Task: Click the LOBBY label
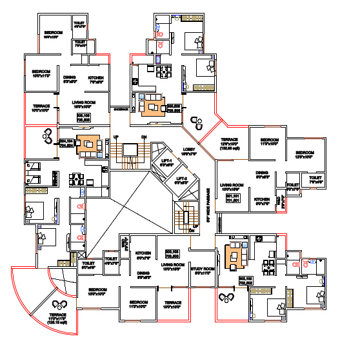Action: click(x=189, y=150)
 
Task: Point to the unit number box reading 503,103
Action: click(x=172, y=253)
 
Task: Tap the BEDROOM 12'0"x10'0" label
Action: click(x=304, y=155)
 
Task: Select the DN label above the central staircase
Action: click(x=145, y=137)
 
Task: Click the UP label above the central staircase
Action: click(x=116, y=137)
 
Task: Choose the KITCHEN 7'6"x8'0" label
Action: click(x=96, y=80)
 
